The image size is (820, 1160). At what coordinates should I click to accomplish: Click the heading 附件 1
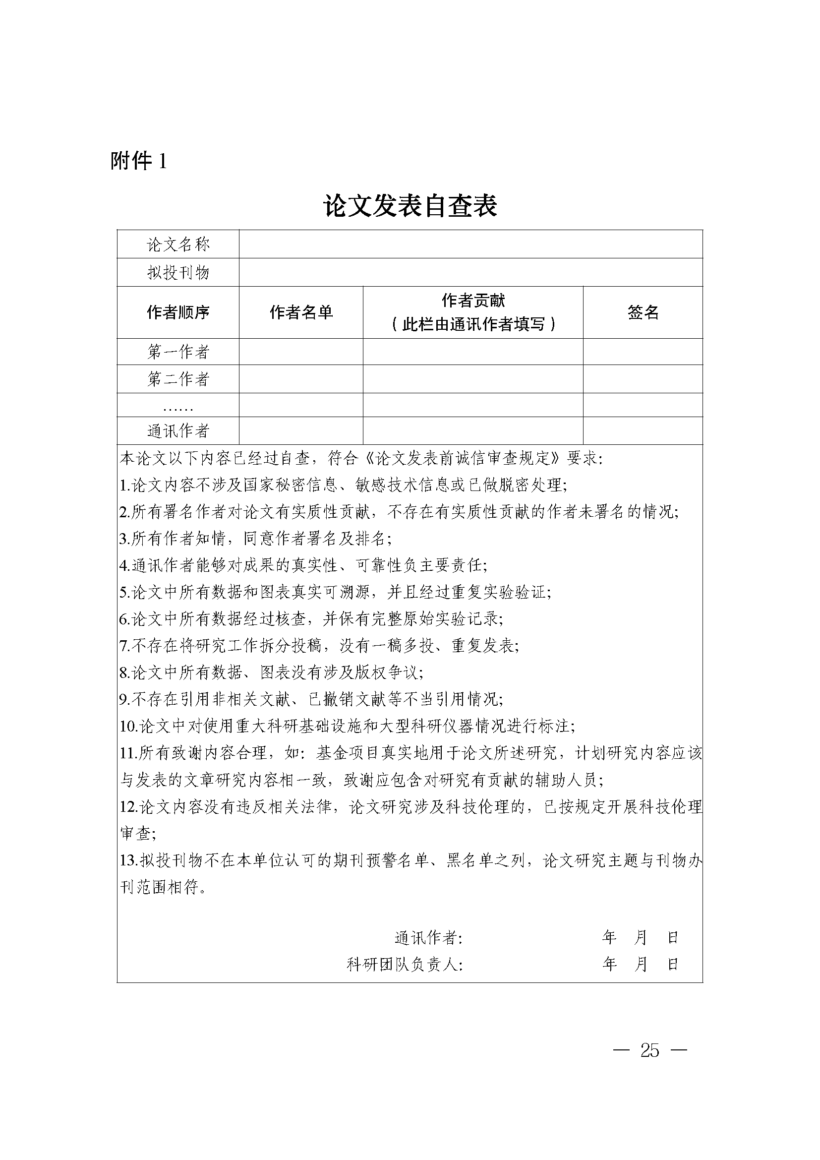[138, 161]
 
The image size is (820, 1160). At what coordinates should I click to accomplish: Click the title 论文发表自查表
[410, 206]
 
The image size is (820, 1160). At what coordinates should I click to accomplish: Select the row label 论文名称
[178, 245]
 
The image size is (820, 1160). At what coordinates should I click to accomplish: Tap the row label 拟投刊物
[178, 273]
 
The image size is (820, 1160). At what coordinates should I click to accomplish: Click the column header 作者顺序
[178, 312]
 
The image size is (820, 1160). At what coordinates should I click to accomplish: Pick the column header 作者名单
[301, 312]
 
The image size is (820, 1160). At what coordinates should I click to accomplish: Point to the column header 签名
[643, 312]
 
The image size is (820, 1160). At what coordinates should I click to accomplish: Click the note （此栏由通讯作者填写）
[473, 324]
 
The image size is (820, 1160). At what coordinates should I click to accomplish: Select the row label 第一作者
[178, 352]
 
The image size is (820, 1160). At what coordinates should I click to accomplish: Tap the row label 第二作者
[178, 379]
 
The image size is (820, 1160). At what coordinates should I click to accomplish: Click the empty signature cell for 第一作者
[643, 352]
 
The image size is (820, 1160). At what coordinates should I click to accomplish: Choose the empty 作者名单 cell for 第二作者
[301, 379]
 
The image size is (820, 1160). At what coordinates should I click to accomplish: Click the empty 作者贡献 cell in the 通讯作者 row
[473, 431]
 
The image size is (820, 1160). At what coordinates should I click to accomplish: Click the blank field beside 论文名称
[470, 244]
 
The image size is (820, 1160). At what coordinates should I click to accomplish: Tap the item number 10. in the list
[128, 727]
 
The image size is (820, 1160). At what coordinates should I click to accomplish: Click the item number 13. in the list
[128, 860]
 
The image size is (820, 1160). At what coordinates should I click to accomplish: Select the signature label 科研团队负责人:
[405, 965]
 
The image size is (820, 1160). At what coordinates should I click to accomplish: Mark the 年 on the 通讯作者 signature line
[609, 938]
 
